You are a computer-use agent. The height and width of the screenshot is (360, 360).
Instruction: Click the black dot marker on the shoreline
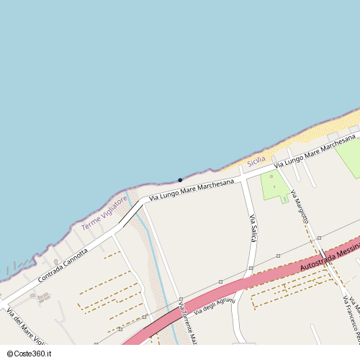pos(180,180)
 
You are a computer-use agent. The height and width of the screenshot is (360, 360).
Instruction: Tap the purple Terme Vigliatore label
pos(104,212)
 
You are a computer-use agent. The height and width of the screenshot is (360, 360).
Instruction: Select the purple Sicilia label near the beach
pos(256,162)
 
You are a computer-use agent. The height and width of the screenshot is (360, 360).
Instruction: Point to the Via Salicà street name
pos(253,228)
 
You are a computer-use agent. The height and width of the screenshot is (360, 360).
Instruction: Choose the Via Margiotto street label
pos(300,205)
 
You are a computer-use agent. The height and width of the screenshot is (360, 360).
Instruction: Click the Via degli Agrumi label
pos(214,305)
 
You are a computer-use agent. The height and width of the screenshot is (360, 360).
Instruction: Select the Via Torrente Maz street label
pos(188,324)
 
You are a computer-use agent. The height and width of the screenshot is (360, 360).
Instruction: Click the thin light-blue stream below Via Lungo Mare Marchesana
pos(155,252)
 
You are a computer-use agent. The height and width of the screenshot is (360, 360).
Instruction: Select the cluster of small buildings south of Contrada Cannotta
pos(43,297)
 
